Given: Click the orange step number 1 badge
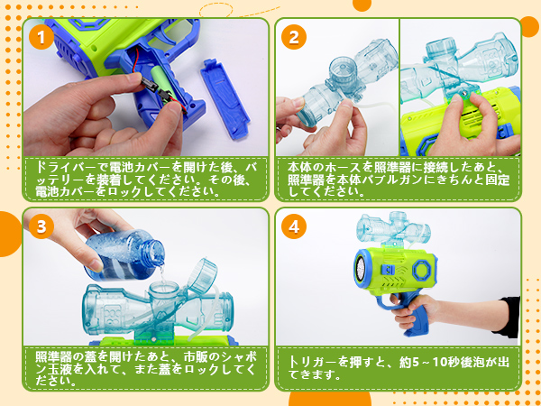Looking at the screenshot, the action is point(41,37).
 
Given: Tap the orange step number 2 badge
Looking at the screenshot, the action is point(294,37).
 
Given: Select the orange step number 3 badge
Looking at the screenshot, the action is point(41,226).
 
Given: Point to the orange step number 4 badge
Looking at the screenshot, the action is point(294,226).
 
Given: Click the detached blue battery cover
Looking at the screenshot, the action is point(225,98).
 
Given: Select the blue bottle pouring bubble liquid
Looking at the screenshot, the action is point(124,254).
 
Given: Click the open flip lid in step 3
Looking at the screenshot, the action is point(203,276).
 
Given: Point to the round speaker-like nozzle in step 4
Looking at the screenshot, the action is point(362,269).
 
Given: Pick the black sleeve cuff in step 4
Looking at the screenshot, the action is point(507,317).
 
